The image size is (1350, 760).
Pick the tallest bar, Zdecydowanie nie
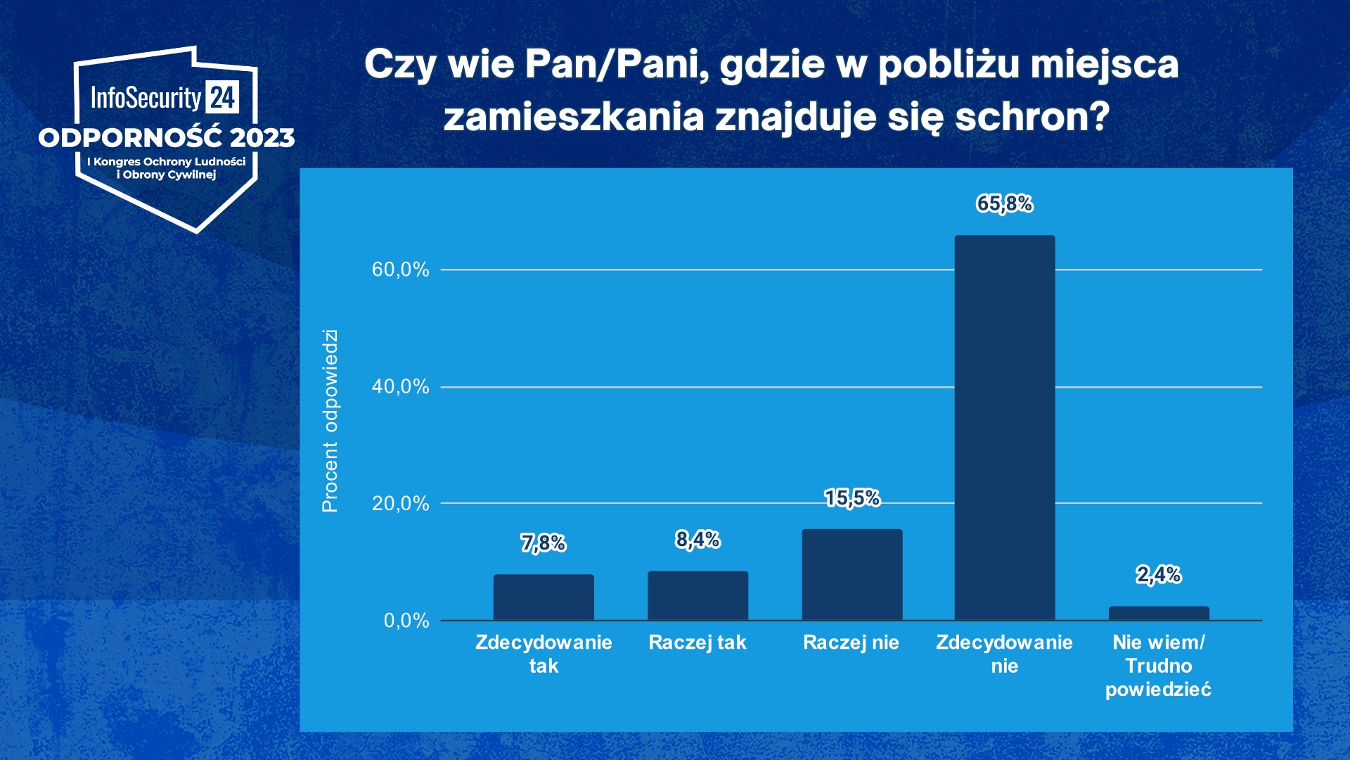pos(1004,428)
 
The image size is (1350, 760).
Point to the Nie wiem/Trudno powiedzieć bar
pos(1159,613)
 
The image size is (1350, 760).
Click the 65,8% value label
pos(1004,203)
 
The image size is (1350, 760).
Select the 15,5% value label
pos(852,498)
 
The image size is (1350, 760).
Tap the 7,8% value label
pos(544,543)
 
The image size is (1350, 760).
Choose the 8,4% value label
pos(697,540)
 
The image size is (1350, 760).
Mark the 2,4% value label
pos(1159,575)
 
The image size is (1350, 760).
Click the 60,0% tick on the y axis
pos(400,270)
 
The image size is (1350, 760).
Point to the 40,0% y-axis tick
pos(400,386)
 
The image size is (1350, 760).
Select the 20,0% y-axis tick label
pos(400,503)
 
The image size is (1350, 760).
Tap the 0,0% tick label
pos(406,620)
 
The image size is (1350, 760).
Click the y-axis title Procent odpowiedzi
pos(330,420)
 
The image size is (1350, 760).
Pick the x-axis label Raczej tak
pos(697,642)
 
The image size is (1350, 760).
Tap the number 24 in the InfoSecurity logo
pos(223,97)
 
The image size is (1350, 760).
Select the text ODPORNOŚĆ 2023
pos(167,137)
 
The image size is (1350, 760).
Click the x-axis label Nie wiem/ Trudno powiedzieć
pos(1158,666)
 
